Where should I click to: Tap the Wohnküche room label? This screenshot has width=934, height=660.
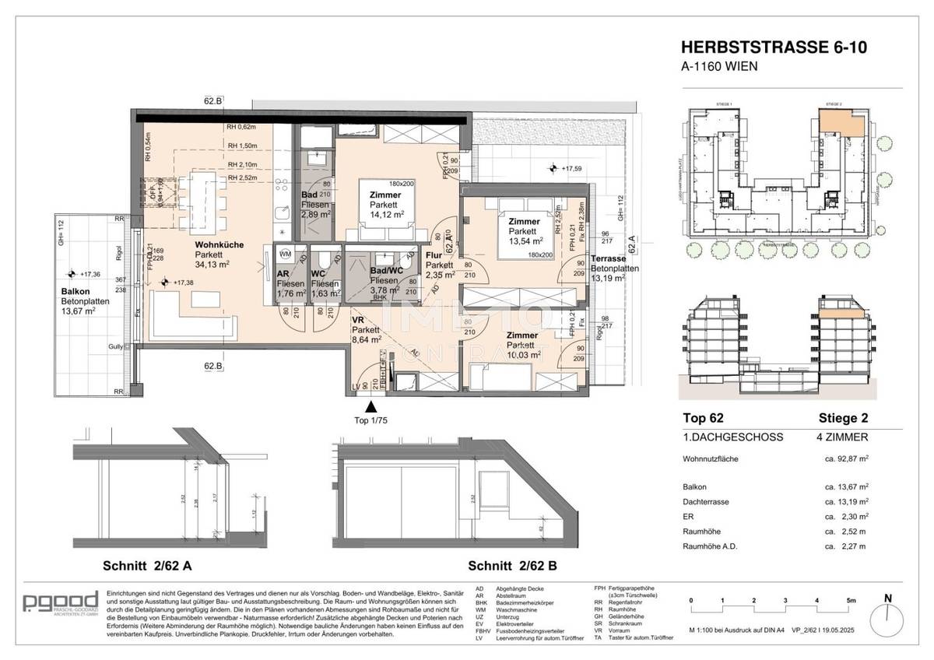point(219,244)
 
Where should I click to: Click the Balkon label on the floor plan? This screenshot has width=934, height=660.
point(75,292)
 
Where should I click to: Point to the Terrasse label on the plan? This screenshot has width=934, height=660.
point(609,259)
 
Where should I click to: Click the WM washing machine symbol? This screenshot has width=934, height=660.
point(285,254)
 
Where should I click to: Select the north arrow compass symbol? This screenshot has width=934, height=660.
point(888,614)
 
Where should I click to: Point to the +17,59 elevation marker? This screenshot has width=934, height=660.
point(574,167)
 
